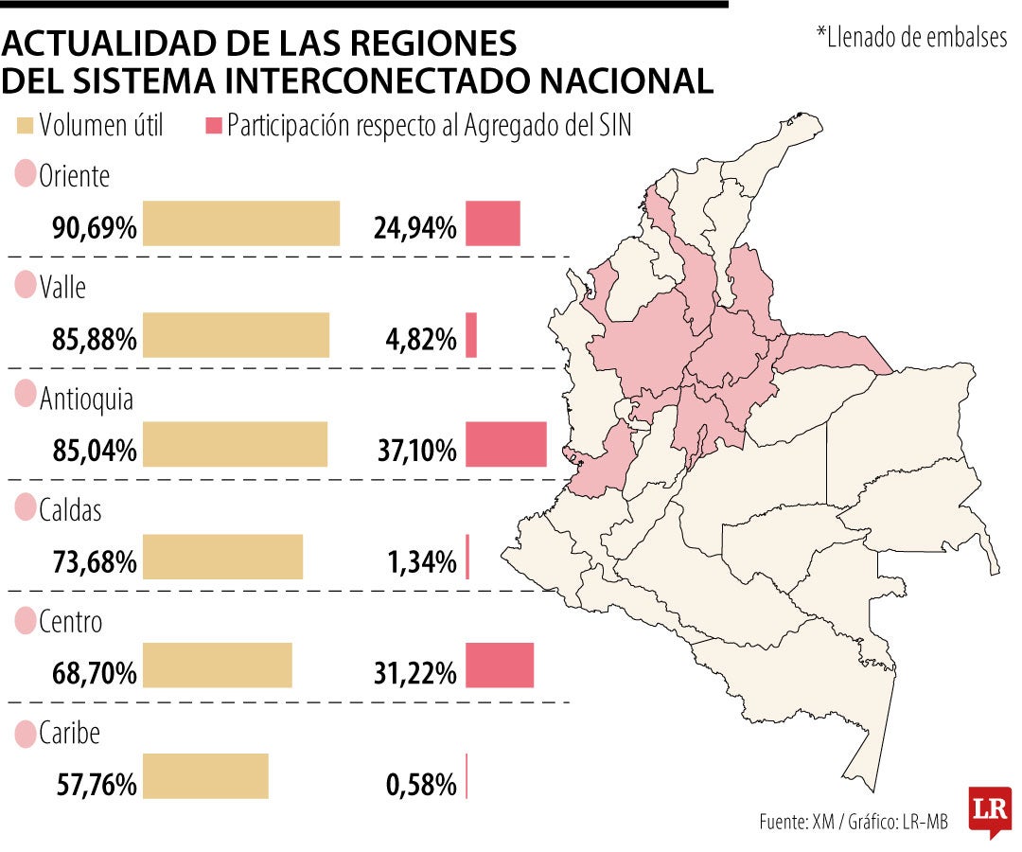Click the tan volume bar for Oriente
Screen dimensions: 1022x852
click(241, 223)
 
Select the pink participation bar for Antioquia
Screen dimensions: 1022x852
click(505, 445)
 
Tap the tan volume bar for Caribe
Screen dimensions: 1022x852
click(205, 776)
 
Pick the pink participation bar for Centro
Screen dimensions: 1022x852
click(500, 666)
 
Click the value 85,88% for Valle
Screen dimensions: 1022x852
click(95, 339)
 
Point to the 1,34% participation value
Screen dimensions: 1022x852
click(422, 562)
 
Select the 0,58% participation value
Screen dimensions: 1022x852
click(421, 785)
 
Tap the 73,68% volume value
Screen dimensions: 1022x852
click(95, 562)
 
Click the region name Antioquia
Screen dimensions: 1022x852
click(86, 399)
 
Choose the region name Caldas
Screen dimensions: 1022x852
click(70, 509)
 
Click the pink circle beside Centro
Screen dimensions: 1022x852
click(25, 621)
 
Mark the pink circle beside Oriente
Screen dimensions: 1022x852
click(25, 174)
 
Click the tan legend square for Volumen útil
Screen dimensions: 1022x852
click(25, 126)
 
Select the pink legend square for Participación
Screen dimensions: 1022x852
click(214, 126)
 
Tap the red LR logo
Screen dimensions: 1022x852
click(990, 811)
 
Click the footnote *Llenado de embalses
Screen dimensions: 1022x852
click(912, 37)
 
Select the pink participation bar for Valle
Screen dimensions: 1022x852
click(471, 335)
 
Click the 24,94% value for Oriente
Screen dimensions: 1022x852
click(415, 228)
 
